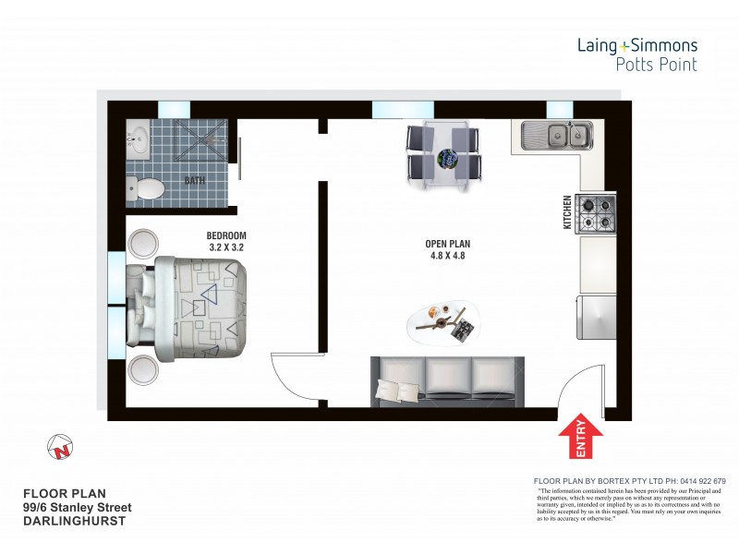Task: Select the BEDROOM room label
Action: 226,235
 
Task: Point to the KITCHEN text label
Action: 568,212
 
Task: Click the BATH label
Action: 195,181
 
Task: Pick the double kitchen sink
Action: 557,137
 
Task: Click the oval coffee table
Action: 444,321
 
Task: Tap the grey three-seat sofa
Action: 447,380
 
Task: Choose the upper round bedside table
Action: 144,245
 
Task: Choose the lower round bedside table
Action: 144,371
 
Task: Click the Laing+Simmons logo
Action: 637,54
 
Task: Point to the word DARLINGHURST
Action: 75,521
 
